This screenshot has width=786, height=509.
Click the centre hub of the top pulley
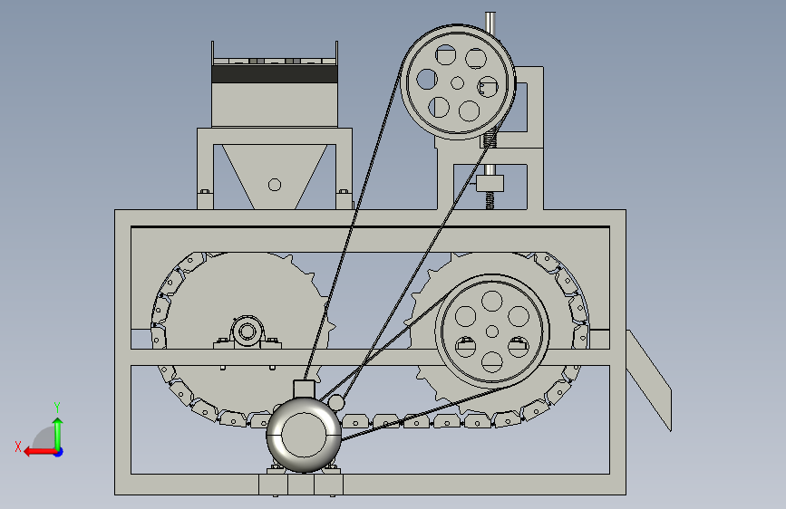click(x=457, y=82)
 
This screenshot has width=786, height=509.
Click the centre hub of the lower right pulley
click(x=491, y=331)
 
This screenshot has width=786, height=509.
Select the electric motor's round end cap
click(x=304, y=435)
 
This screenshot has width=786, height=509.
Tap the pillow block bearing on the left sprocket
click(x=247, y=332)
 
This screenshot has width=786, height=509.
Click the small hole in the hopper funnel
click(x=275, y=185)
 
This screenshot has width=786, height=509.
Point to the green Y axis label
click(x=57, y=407)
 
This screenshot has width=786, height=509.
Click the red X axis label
click(x=18, y=447)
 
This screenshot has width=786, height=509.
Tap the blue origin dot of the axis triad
click(x=59, y=452)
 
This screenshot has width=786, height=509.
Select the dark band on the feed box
click(x=275, y=74)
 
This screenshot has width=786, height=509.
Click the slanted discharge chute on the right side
click(x=648, y=379)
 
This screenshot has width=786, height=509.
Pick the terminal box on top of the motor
click(x=304, y=389)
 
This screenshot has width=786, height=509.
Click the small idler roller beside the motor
click(x=335, y=403)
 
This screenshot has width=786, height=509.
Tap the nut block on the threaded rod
click(x=490, y=183)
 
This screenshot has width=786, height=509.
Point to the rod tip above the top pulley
click(x=490, y=14)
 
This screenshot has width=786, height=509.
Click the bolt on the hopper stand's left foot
click(x=205, y=191)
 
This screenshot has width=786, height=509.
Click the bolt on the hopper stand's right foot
click(x=344, y=191)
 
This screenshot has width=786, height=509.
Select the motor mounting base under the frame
click(x=301, y=485)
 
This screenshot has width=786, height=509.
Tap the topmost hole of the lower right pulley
click(x=491, y=301)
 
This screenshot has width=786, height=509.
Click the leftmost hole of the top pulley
click(x=427, y=79)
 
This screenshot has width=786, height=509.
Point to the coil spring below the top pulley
click(x=490, y=136)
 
